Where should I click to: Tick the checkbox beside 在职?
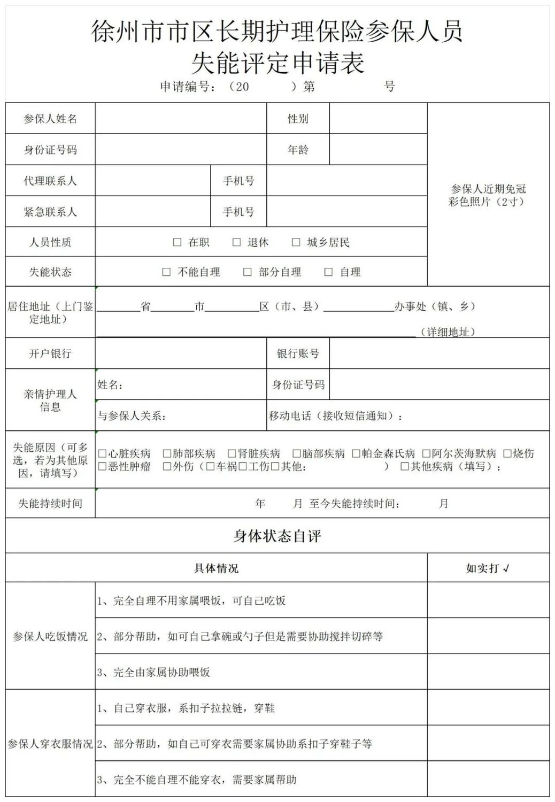(177, 242)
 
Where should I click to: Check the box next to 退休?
(236, 242)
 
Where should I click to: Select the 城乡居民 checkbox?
(296, 242)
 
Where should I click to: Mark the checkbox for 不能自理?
(166, 272)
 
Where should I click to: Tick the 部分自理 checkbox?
(247, 272)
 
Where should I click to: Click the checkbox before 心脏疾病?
(102, 453)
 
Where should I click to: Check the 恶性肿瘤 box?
(102, 466)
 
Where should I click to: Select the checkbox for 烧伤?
(507, 453)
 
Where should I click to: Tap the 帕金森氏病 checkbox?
(356, 453)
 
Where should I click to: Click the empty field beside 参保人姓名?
(181, 118)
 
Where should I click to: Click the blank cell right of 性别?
(378, 118)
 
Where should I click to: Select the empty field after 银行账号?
(439, 353)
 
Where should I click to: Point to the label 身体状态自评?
(277, 536)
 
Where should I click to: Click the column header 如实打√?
(488, 568)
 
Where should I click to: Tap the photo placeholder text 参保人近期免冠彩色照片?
(488, 195)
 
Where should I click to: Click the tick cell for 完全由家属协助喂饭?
(488, 672)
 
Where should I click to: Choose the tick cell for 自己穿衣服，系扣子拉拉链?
(488, 707)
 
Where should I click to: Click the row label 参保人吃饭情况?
(50, 636)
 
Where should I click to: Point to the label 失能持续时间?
(50, 503)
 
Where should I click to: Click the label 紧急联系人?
(50, 212)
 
